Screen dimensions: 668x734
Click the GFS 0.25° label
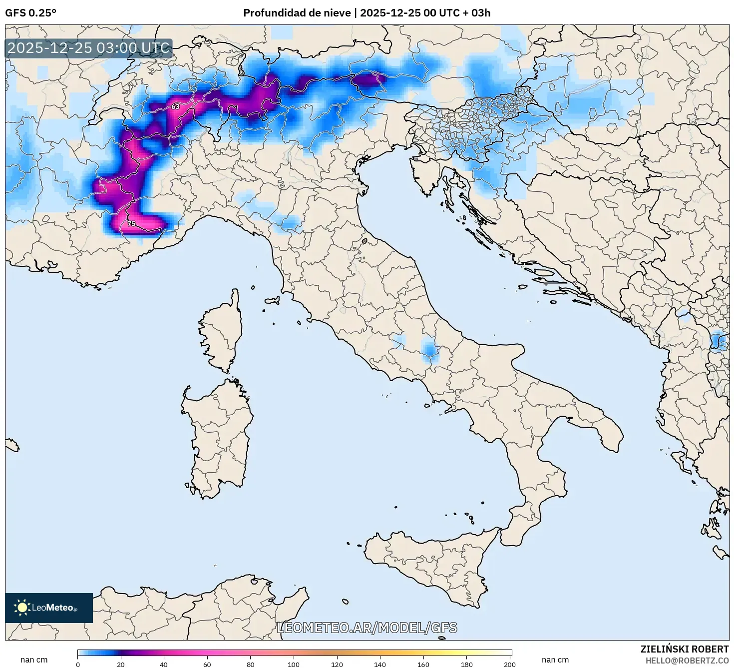[x=30, y=13]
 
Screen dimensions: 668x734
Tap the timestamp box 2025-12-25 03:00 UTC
[x=89, y=48]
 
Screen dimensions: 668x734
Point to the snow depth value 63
[x=175, y=106]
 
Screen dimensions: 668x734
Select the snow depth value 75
[x=131, y=223]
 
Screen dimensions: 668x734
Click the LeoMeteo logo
[x=49, y=608]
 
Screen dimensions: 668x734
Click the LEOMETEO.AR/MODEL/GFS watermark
[x=367, y=628]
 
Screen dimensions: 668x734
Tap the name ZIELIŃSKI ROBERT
[x=684, y=649]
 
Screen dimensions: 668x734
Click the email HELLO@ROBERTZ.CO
[x=687, y=661]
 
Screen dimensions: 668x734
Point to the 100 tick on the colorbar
[x=294, y=664]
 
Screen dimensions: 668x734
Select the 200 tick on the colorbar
[x=510, y=664]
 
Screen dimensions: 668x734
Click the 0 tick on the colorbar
[x=78, y=664]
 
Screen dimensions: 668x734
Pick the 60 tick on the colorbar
[x=207, y=664]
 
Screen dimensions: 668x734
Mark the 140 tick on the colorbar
[x=380, y=664]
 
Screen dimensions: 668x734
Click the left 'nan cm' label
[x=34, y=660]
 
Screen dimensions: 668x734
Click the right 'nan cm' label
[x=555, y=660]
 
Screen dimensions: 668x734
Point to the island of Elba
[x=272, y=301]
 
